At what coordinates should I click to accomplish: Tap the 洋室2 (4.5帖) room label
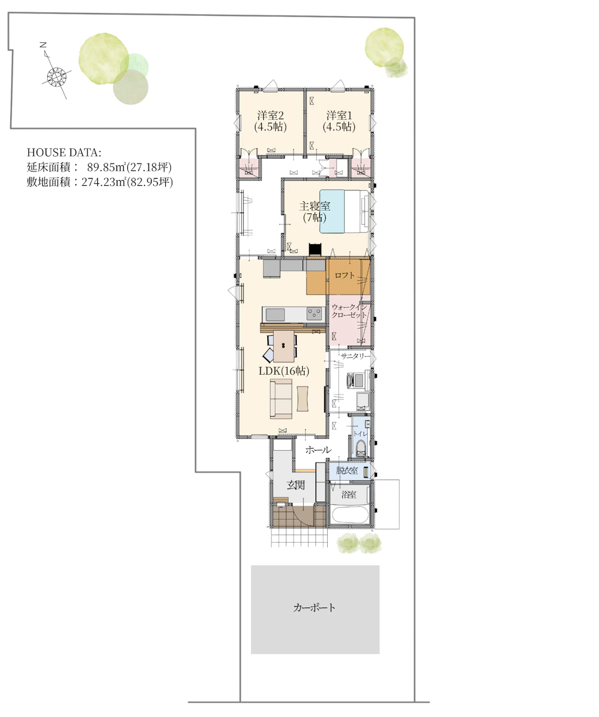point(271,121)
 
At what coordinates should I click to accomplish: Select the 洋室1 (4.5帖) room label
point(339,121)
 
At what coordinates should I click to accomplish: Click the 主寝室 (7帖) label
point(315,212)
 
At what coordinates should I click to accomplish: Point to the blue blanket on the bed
point(332,211)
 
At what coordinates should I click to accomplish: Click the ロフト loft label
point(345,275)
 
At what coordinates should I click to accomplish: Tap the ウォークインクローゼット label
point(349,311)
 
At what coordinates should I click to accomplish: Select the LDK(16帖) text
point(284,370)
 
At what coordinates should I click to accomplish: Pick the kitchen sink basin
point(275,315)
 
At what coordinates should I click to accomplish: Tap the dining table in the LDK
point(284,346)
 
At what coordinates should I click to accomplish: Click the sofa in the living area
point(281,399)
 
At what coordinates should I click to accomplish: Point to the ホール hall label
point(318,450)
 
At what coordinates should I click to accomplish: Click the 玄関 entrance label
point(295,485)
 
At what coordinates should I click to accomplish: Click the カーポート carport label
point(314,608)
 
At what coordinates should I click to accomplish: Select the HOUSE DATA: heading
point(64,152)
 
